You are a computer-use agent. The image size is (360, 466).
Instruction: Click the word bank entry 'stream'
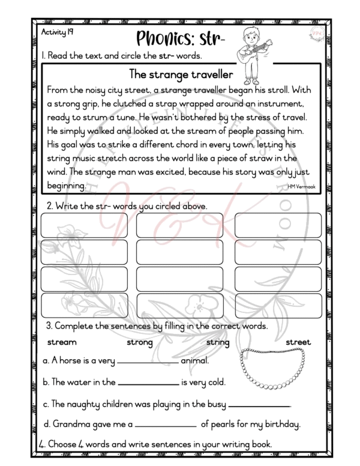[62, 342]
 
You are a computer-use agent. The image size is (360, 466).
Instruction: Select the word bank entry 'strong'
[140, 342]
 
